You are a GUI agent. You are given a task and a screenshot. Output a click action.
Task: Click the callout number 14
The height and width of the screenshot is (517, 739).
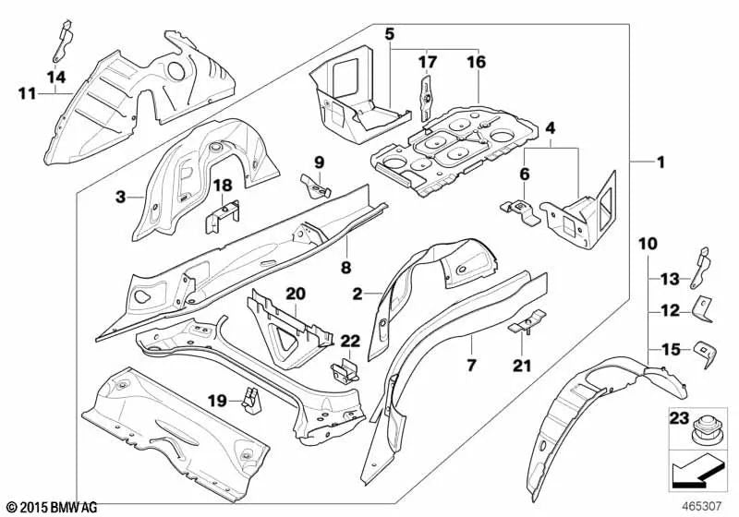pos(55,76)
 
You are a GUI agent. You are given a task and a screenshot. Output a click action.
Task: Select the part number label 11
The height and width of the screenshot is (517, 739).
pos(27,91)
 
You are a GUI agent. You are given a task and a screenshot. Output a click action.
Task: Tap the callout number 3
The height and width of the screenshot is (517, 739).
pos(120,196)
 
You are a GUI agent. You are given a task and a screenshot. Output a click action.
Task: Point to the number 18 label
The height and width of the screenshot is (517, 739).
pos(221,187)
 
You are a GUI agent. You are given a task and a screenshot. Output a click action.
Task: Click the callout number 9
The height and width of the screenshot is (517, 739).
pos(319,162)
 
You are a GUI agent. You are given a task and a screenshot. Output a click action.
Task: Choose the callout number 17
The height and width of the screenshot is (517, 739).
pos(426,62)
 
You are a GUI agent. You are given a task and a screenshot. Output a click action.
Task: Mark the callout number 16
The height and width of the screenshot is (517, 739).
pos(476,62)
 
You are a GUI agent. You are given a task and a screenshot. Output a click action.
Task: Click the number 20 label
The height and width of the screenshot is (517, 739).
pos(295,294)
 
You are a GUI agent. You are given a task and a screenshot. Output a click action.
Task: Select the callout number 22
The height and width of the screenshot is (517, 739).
pos(351,343)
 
